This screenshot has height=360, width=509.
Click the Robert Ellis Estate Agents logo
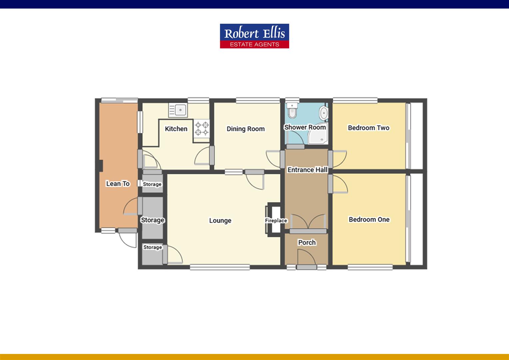point(254,36)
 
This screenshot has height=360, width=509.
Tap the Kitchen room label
point(176,129)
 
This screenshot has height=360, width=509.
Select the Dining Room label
point(246,129)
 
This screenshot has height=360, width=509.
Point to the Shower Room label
point(305,127)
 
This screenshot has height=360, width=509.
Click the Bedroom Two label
point(368,128)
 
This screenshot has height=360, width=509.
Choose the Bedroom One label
point(369,219)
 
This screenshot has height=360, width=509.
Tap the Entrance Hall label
point(307,170)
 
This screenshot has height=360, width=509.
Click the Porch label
point(307,242)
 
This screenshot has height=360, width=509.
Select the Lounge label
point(220,220)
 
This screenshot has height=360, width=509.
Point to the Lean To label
point(118,183)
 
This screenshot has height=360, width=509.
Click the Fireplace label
point(276,220)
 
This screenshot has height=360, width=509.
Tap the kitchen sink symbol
point(178,110)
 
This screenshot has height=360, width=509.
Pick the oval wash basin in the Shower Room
point(323,113)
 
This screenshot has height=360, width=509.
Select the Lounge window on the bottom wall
point(220,267)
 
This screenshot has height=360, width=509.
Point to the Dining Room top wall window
point(258,99)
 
